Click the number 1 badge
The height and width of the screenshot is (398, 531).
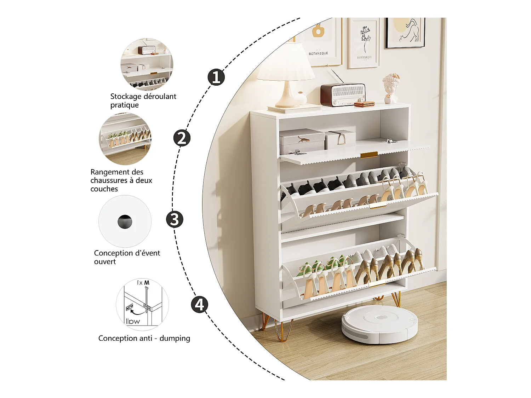(x=216, y=77)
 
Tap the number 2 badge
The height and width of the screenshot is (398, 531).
(x=182, y=138)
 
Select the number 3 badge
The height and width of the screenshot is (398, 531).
(x=175, y=219)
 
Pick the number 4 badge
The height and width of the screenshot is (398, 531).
(x=200, y=305)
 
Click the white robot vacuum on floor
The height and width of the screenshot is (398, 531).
(x=379, y=324)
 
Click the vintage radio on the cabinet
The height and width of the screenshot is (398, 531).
(x=343, y=94)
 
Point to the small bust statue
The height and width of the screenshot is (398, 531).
(x=391, y=88)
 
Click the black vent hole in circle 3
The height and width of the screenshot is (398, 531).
(x=125, y=222)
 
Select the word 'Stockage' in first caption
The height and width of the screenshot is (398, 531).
(x=126, y=97)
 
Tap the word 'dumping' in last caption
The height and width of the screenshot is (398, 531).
(x=175, y=339)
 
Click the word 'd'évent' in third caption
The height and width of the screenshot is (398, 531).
(x=147, y=253)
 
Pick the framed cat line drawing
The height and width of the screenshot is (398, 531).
(x=405, y=33)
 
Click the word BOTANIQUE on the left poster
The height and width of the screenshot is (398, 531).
(x=318, y=53)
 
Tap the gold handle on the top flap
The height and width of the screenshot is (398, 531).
(x=369, y=155)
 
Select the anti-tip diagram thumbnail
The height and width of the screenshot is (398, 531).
(x=142, y=305)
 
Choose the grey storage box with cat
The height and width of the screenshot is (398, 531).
(x=302, y=141)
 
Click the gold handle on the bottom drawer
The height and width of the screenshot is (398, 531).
(x=377, y=284)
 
